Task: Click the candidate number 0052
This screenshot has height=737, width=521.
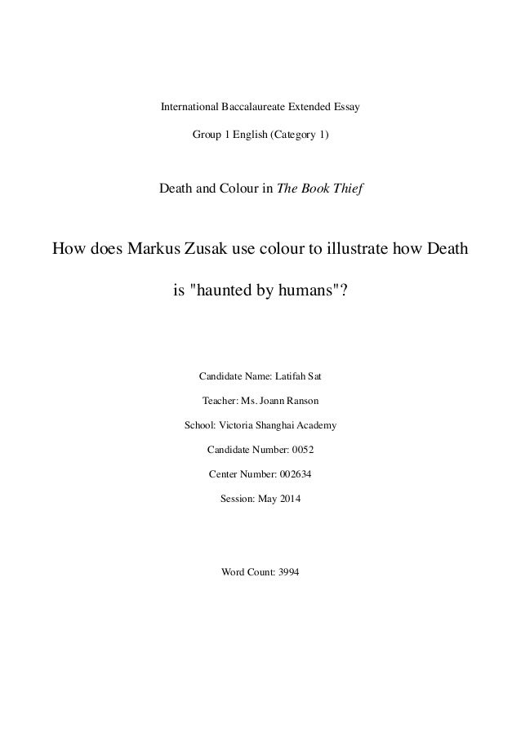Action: point(302,450)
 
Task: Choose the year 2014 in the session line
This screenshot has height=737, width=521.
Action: point(287,497)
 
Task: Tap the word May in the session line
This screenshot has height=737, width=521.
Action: point(262,497)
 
